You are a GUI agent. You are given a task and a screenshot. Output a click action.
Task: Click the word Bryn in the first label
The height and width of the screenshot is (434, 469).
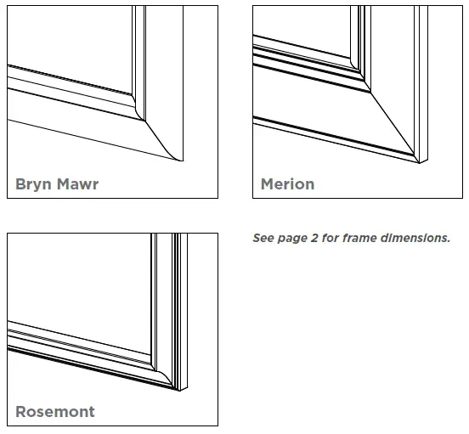[33, 184]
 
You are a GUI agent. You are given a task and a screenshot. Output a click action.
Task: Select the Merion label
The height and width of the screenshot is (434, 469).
[287, 183]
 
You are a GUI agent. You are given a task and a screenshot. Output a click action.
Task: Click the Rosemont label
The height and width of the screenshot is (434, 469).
[55, 412]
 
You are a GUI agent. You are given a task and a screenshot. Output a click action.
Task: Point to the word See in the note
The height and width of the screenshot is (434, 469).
[263, 239]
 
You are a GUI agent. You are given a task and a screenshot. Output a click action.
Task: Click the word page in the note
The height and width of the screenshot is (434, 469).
[293, 239]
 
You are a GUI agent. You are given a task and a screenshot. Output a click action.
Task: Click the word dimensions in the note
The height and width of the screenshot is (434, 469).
[415, 239]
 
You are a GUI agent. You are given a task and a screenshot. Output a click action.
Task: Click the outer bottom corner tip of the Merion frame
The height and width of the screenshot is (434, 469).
[416, 160]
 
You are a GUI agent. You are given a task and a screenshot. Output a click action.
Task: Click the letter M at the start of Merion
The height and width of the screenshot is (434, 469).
[268, 183]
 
